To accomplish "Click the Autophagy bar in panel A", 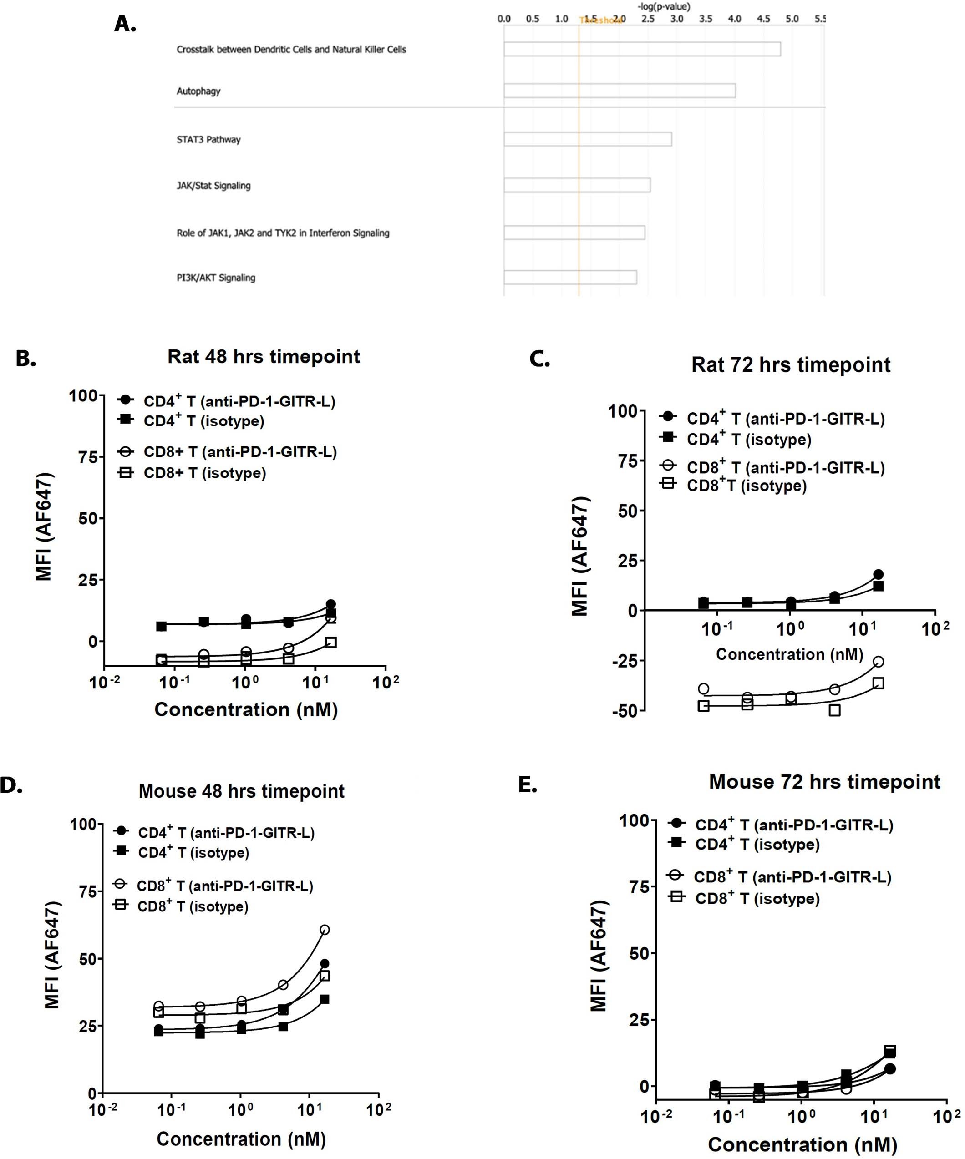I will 619,91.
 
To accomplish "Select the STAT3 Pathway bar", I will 587,139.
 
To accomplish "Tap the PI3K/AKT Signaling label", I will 216,278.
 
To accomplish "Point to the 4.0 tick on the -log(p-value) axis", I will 734,19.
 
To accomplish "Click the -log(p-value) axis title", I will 664,7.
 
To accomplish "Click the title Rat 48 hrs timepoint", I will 264,357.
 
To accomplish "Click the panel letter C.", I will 539,359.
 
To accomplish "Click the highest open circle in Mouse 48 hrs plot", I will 325,930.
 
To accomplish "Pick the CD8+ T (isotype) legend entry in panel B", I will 204,473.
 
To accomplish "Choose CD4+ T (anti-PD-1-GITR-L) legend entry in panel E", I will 793,825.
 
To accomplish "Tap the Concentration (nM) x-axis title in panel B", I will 246,709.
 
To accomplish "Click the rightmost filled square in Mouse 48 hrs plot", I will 325,999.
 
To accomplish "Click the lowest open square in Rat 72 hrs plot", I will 835,710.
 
